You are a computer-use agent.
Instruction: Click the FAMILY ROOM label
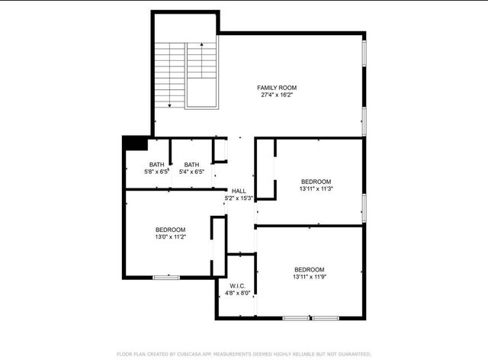pyautogui.click(x=277, y=88)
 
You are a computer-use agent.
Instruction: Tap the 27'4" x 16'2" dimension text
pyautogui.click(x=277, y=95)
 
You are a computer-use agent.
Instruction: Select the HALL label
pyautogui.click(x=239, y=191)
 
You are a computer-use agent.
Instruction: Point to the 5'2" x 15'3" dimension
pyautogui.click(x=239, y=198)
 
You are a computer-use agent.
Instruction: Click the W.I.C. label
pyautogui.click(x=238, y=285)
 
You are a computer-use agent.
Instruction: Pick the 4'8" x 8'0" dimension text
pyautogui.click(x=238, y=293)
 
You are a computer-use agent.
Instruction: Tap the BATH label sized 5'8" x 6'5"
pyautogui.click(x=156, y=165)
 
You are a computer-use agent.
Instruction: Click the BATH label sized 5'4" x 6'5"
pyautogui.click(x=191, y=165)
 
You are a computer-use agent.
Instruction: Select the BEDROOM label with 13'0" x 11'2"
pyautogui.click(x=170, y=230)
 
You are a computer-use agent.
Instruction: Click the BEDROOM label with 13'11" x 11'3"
pyautogui.click(x=316, y=181)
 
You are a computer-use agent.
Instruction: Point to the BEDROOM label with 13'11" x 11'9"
pyautogui.click(x=310, y=269)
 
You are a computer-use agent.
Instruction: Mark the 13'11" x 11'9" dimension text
pyautogui.click(x=310, y=277)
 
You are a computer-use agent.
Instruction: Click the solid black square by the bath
pyautogui.click(x=135, y=143)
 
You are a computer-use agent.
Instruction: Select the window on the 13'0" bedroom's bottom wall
pyautogui.click(x=166, y=277)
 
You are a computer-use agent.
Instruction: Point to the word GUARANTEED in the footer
pyautogui.click(x=351, y=354)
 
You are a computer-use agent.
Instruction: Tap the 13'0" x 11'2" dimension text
pyautogui.click(x=170, y=237)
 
